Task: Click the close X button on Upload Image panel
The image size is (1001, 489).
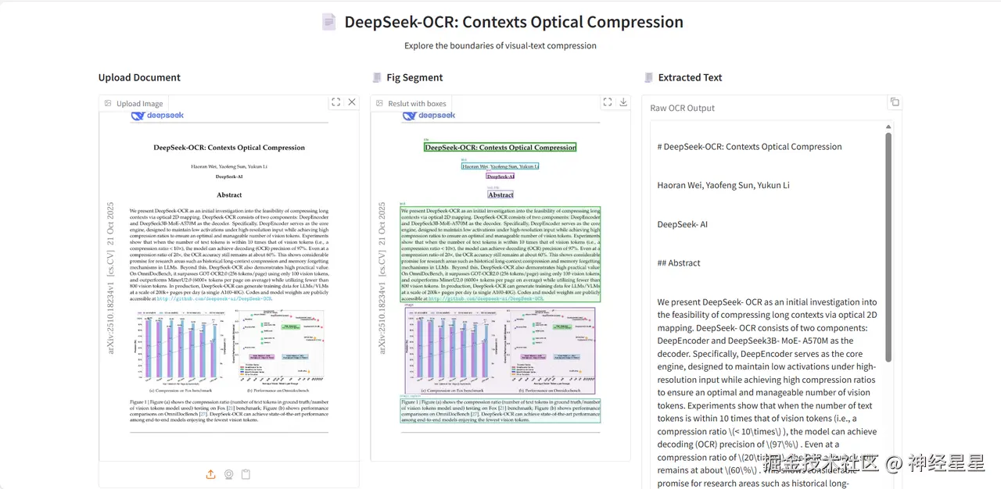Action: point(352,102)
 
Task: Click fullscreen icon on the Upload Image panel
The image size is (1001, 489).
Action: point(335,102)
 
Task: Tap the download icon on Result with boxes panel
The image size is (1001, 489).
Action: point(623,102)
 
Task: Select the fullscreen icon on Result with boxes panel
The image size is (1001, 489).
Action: point(607,102)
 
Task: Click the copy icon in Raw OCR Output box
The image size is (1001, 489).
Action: point(895,102)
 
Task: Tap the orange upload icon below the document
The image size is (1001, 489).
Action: point(210,474)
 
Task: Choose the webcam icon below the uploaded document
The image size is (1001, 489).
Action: point(228,474)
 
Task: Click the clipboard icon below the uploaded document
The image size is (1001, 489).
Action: point(246,474)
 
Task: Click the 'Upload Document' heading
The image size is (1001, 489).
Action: point(139,77)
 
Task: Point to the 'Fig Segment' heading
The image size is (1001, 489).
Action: point(414,77)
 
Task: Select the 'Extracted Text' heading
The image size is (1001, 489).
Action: point(690,77)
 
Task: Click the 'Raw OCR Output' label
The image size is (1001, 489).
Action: point(682,108)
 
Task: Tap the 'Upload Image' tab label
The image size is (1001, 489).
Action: point(139,103)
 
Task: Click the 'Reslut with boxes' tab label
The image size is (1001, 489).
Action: point(417,103)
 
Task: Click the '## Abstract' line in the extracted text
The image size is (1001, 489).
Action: point(678,263)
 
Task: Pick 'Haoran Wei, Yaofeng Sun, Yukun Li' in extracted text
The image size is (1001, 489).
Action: point(723,185)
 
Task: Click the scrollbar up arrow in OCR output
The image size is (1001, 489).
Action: point(888,127)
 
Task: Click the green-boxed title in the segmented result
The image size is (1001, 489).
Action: point(500,147)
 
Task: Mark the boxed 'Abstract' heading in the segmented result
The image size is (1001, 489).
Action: point(500,195)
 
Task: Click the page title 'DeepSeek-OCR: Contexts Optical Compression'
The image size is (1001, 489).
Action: point(514,22)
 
